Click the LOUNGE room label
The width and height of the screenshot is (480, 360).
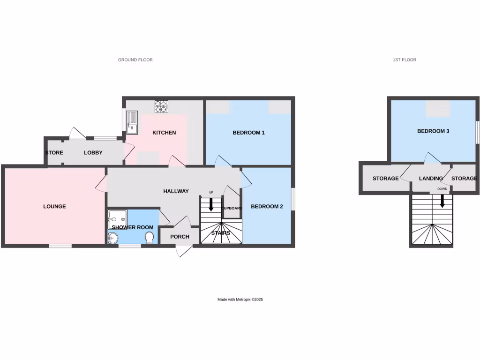click(54, 206)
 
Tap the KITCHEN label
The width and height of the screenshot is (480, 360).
click(164, 133)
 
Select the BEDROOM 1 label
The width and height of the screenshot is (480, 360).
click(249, 133)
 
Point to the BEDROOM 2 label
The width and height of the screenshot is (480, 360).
click(267, 206)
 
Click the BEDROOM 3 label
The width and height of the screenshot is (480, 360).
click(433, 131)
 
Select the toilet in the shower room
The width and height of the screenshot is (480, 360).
click(149, 238)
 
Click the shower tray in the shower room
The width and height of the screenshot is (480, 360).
click(117, 217)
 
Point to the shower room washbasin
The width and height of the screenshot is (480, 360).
click(112, 238)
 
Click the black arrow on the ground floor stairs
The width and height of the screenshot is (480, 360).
click(211, 204)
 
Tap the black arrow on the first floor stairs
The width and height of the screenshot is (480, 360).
click(442, 201)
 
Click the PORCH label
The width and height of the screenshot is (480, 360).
click(180, 237)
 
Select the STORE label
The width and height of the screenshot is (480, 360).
click(54, 153)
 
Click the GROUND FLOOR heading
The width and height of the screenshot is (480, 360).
click(135, 60)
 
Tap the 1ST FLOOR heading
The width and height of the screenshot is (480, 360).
click(404, 60)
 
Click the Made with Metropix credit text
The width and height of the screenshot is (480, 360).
click(240, 300)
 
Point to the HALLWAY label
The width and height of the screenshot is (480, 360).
click(176, 191)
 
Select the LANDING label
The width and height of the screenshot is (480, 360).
click(431, 179)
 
